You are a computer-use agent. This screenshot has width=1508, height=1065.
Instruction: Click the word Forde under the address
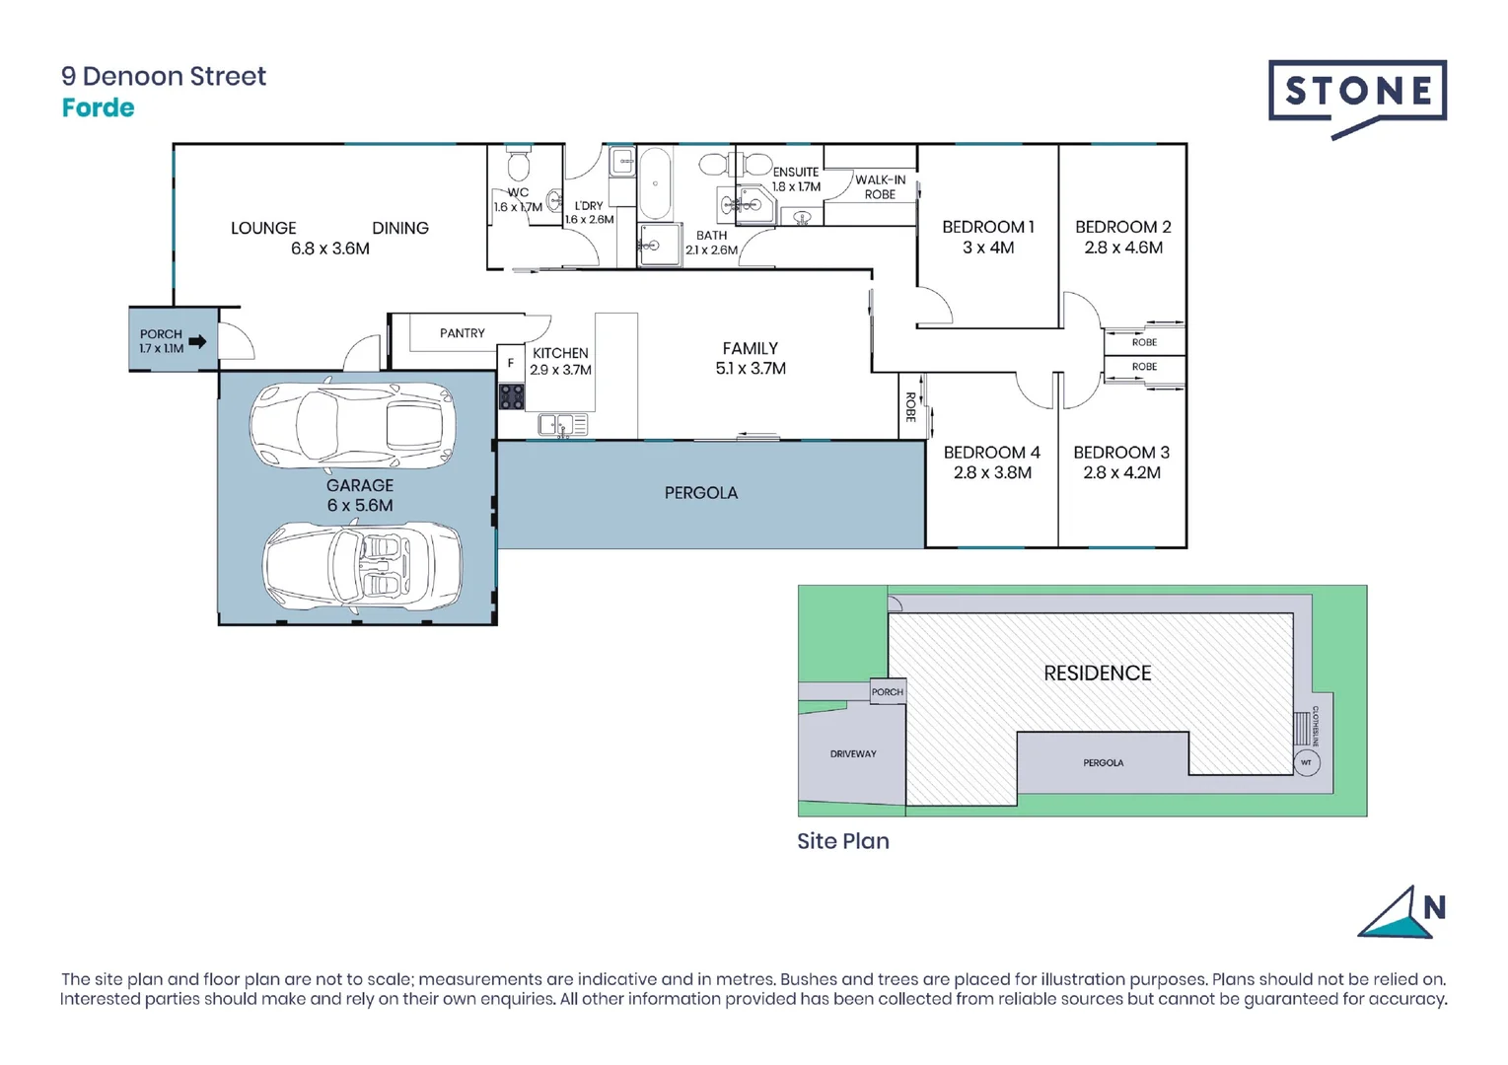[x=98, y=107]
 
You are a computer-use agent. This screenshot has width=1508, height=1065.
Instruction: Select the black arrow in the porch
[x=197, y=342]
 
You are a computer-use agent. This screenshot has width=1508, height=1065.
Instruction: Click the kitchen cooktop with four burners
[x=511, y=396]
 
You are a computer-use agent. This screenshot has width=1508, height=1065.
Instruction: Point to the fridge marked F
[x=510, y=363]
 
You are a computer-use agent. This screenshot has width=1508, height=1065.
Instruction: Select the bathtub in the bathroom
[x=655, y=183]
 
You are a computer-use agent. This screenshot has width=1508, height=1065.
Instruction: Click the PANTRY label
[x=462, y=333]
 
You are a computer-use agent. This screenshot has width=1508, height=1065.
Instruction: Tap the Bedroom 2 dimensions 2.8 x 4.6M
[x=1122, y=248]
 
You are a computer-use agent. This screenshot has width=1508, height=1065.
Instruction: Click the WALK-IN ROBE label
[x=880, y=186]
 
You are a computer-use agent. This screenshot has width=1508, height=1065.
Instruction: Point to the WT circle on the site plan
[x=1306, y=762]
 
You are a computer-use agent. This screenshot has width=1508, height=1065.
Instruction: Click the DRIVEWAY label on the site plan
[x=853, y=753]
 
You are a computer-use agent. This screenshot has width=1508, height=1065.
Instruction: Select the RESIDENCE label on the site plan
[x=1097, y=673]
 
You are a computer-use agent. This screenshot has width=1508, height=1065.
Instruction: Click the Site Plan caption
[x=842, y=841]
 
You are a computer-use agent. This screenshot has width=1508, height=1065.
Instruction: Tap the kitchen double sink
[x=562, y=425]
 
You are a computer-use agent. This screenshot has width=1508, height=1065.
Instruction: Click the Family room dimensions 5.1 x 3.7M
[x=750, y=369]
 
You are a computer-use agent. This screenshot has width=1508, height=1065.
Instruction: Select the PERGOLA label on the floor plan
[x=700, y=493]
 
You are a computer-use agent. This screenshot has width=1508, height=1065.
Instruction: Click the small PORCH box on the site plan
[x=887, y=691]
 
